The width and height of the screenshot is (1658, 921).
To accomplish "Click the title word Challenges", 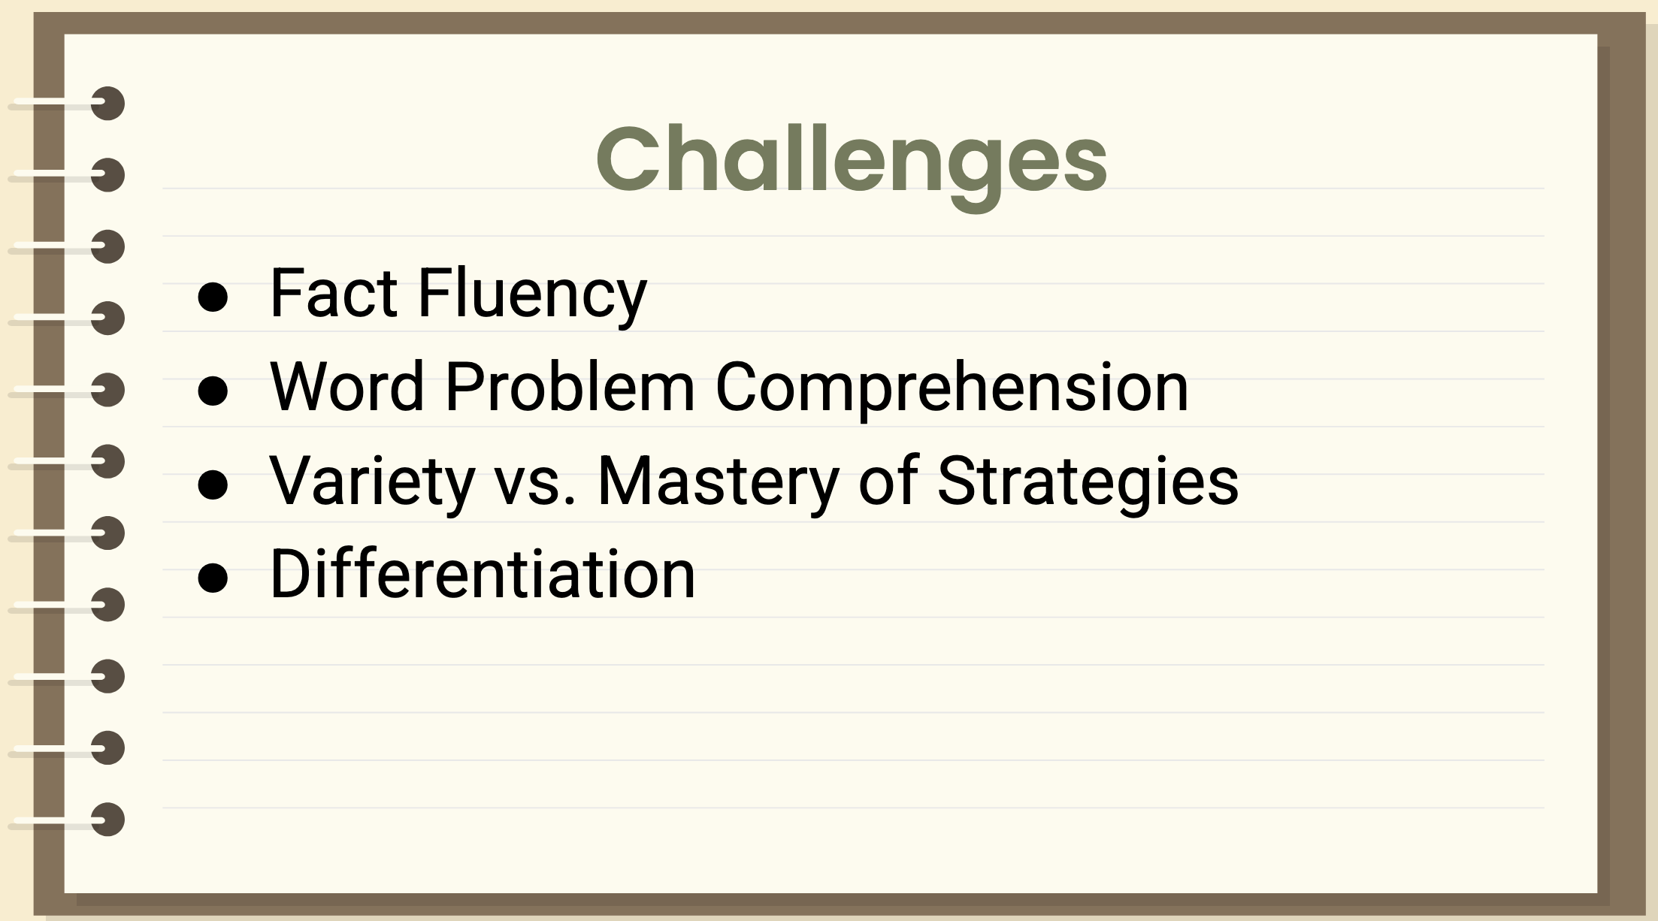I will click(851, 160).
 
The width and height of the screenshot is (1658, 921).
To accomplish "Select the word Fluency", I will click(532, 294).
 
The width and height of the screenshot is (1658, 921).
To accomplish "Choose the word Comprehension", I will click(952, 388).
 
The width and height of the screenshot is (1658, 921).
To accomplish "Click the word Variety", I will click(372, 482).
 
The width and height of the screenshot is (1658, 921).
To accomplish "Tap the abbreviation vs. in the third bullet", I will click(535, 483).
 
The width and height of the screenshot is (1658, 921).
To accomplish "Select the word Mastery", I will click(718, 482).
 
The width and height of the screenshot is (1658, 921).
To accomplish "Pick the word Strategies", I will click(1088, 482).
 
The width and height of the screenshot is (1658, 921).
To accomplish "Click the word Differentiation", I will click(483, 575).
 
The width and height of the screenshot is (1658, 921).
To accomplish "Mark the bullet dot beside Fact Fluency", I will click(213, 297).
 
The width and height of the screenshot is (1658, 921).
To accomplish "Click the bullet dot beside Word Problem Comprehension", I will click(213, 391).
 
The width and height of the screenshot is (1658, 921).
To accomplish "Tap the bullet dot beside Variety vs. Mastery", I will click(213, 485).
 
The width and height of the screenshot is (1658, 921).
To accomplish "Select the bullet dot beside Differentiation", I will click(213, 578).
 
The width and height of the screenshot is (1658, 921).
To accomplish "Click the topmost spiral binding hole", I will click(108, 104).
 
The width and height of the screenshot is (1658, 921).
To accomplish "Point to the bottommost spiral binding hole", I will click(108, 820).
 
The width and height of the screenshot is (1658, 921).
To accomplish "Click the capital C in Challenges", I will click(628, 159).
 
